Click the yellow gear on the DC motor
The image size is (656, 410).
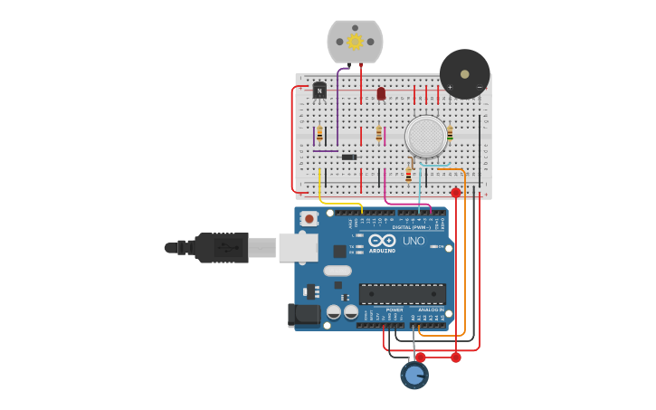[x=355, y=42]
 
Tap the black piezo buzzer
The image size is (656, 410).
[x=465, y=74]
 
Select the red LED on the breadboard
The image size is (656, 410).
[x=381, y=93]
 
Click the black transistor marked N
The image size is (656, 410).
[x=319, y=90]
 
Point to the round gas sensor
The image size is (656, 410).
[x=426, y=136]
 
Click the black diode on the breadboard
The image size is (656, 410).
[x=348, y=157]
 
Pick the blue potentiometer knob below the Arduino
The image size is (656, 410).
[x=414, y=375]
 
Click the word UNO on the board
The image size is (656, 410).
[x=414, y=242]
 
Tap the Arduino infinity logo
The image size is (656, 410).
[x=382, y=241]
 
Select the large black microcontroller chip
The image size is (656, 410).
[x=403, y=293]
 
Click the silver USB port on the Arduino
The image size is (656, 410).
[x=298, y=247]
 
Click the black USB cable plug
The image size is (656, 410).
[x=221, y=247]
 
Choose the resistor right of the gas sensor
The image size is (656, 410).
[x=450, y=133]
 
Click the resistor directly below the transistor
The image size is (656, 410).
[x=319, y=133]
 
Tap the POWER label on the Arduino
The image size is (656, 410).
[x=395, y=310]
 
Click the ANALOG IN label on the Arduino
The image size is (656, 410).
[x=431, y=310]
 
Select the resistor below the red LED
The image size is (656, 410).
[x=379, y=133]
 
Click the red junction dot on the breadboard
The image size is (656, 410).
[x=456, y=193]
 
